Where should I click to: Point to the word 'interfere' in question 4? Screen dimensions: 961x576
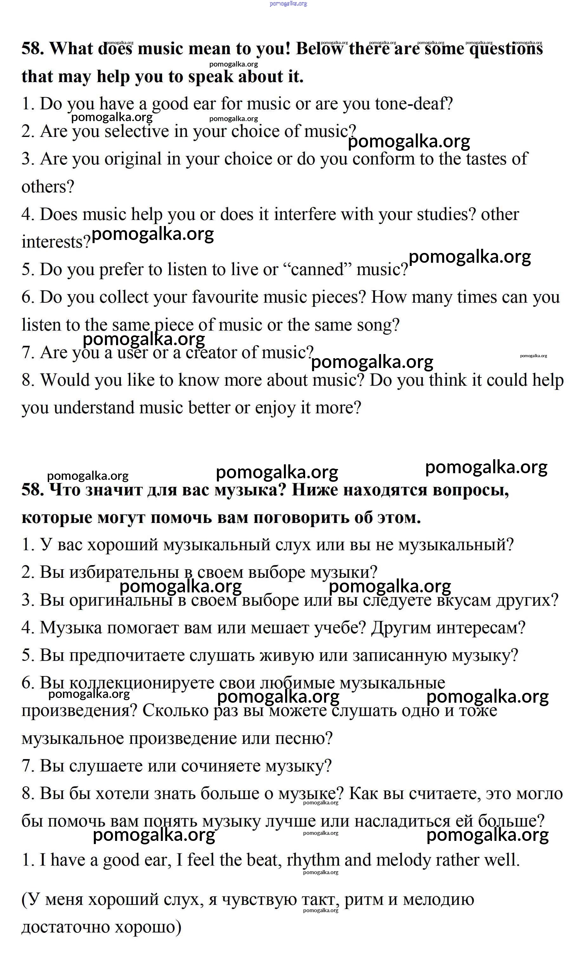[x=305, y=215]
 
